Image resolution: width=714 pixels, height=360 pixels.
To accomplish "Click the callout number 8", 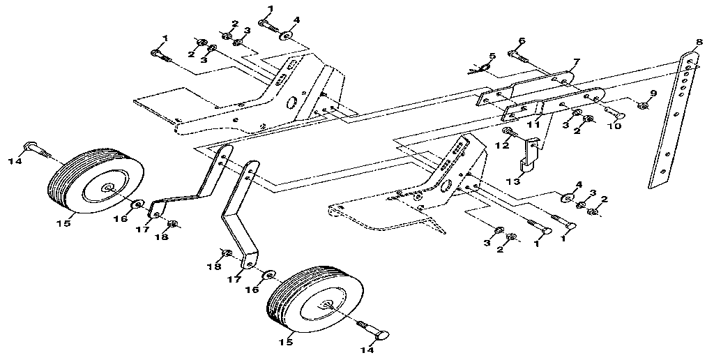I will click(699, 42).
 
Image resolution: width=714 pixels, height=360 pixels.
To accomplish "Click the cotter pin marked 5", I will click(476, 68).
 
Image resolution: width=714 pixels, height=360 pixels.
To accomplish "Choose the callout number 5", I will click(492, 56).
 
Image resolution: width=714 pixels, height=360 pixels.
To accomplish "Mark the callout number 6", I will click(521, 40).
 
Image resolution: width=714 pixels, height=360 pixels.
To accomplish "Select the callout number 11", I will click(534, 125).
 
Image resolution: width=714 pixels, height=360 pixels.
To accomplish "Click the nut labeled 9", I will click(644, 106).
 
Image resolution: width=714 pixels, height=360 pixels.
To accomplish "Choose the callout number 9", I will click(653, 93).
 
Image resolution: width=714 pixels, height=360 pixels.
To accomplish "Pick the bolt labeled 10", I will click(616, 113).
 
